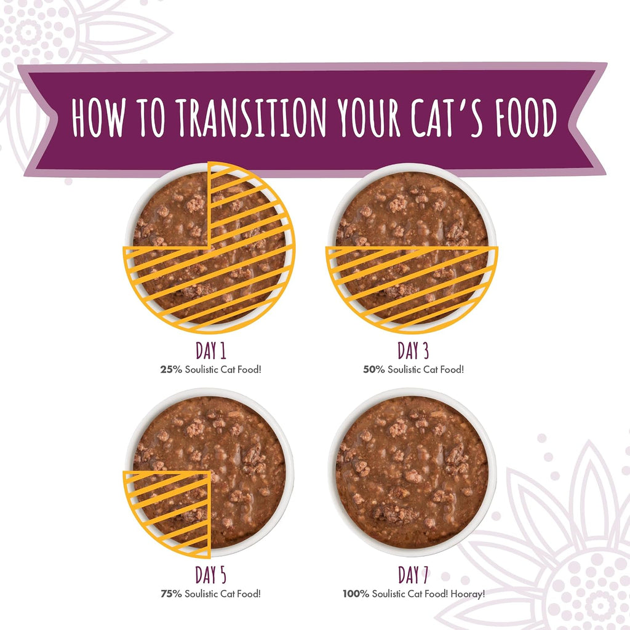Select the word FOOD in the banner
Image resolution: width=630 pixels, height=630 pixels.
pyautogui.click(x=526, y=118)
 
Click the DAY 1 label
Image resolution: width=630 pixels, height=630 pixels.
pyautogui.click(x=211, y=350)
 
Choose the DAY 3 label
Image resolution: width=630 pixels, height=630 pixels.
pyautogui.click(x=413, y=350)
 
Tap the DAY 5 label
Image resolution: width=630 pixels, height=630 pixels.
pyautogui.click(x=211, y=575)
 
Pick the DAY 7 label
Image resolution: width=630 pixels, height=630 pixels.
pyautogui.click(x=413, y=575)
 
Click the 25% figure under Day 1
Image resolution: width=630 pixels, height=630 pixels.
pyautogui.click(x=171, y=369)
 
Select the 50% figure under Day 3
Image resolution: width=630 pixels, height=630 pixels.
pyautogui.click(x=374, y=369)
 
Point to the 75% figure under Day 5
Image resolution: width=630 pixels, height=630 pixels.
pyautogui.click(x=171, y=594)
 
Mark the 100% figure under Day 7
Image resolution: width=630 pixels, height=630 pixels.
pyautogui.click(x=356, y=594)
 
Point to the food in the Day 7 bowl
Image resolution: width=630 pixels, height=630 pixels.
pyautogui.click(x=412, y=472)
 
